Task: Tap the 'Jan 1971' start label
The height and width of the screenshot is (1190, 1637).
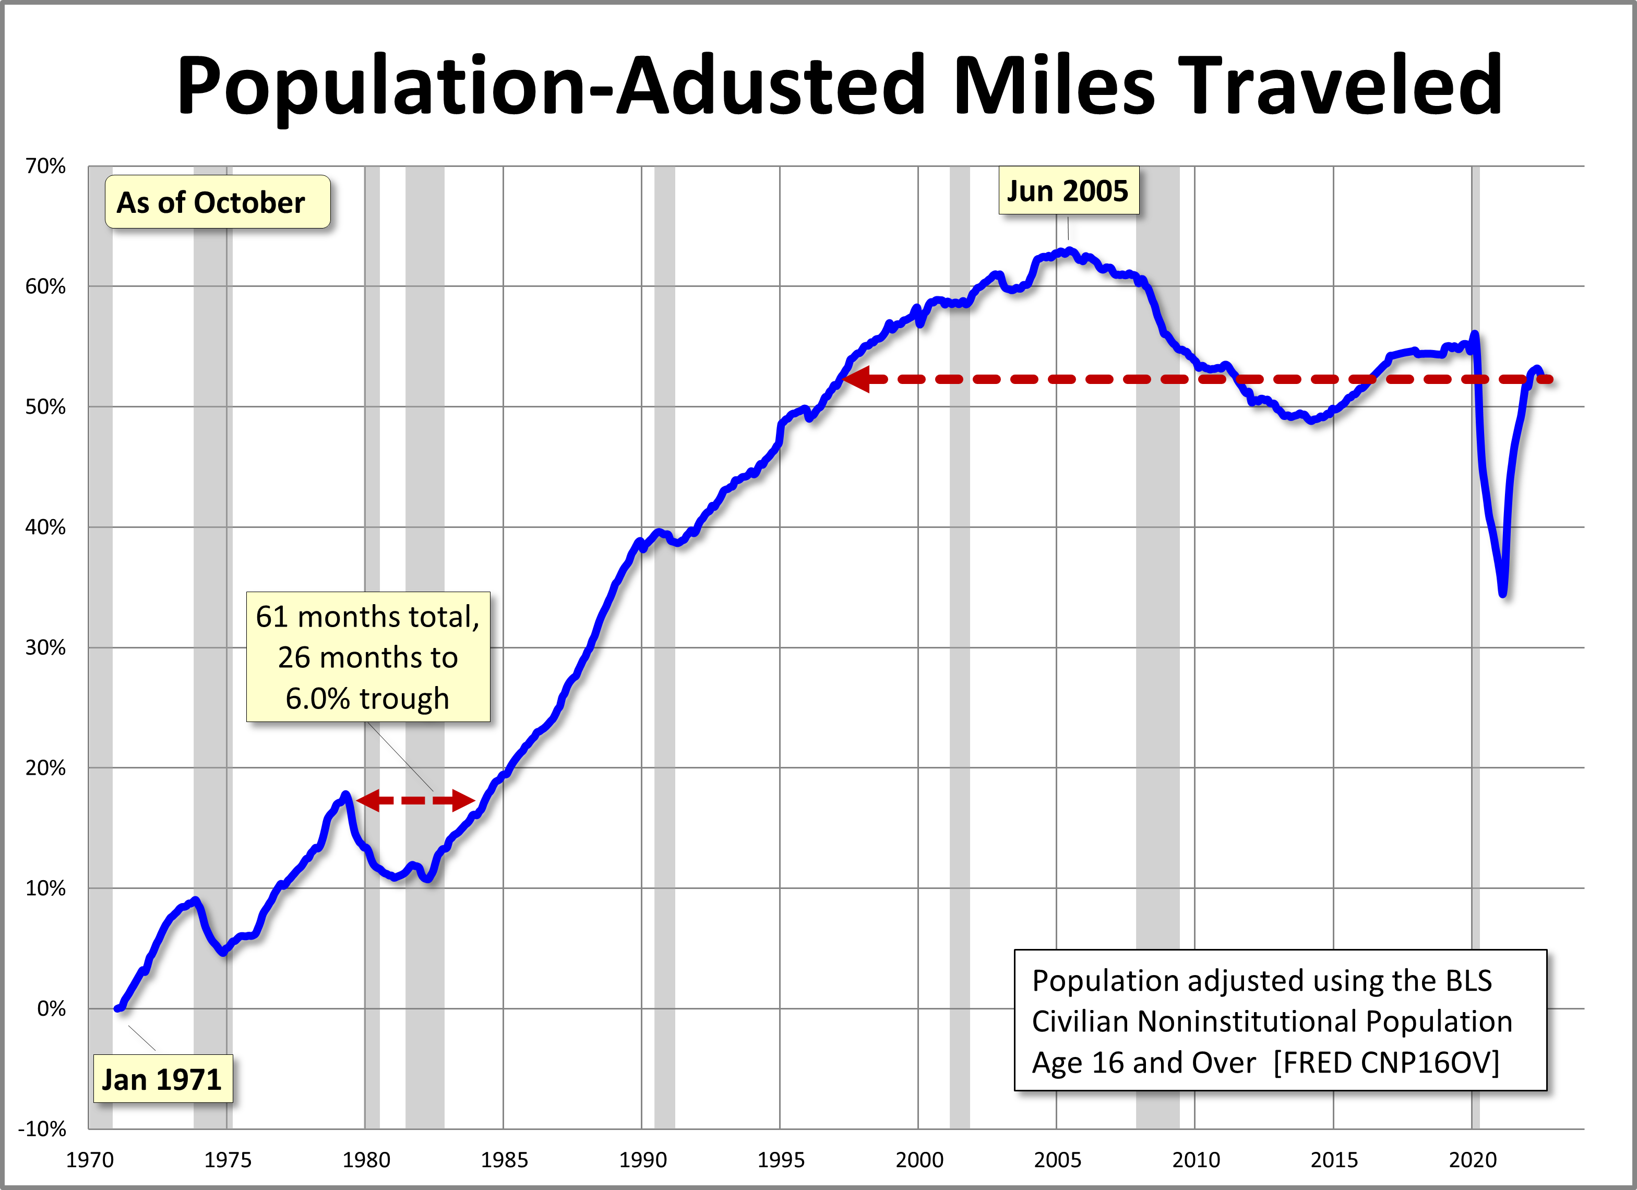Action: [x=162, y=1079]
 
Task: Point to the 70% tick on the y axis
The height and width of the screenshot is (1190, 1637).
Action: [x=45, y=166]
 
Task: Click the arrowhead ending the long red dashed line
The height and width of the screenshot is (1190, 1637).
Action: [x=856, y=379]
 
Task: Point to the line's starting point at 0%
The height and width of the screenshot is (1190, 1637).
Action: [x=117, y=1008]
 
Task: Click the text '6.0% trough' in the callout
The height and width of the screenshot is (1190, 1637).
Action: [x=367, y=699]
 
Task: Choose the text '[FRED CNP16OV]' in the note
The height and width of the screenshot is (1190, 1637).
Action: [x=1386, y=1062]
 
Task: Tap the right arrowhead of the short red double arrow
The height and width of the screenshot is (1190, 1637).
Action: [x=464, y=800]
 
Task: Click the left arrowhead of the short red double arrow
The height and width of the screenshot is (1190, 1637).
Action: [x=367, y=800]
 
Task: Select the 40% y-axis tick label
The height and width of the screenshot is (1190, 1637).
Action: [x=45, y=527]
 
